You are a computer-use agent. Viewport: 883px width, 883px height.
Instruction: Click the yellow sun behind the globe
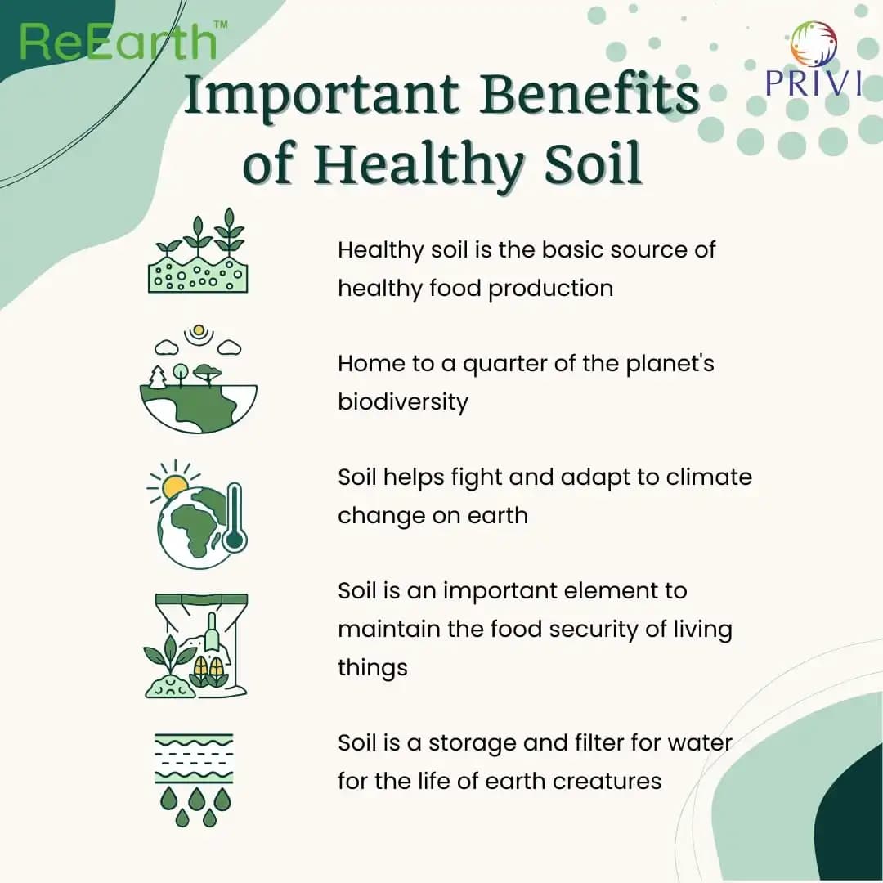coord(175,487)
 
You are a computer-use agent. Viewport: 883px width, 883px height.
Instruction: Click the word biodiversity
coord(402,402)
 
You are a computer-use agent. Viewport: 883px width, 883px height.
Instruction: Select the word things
coord(373,669)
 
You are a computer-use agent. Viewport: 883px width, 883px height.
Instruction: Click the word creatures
coord(607,781)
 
